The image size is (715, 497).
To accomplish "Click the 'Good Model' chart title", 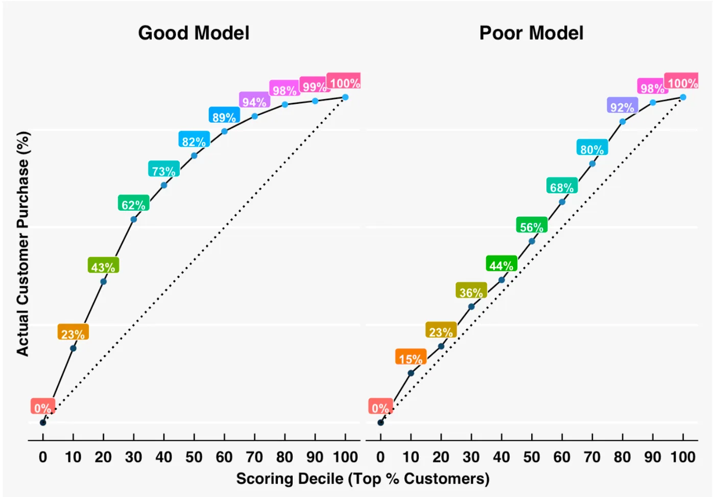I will pos(194,33).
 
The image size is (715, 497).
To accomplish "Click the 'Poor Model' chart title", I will pos(531,33).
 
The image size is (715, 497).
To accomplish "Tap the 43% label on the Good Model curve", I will pos(103,266).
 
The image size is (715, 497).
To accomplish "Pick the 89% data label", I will pos(224,117).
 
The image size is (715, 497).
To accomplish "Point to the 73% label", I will pos(163,170).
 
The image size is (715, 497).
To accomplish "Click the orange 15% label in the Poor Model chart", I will pos(411,358).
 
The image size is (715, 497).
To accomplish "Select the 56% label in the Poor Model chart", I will pos(532,227).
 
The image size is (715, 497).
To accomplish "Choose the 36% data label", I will pos(471,292).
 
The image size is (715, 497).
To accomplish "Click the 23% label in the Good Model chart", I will pos(73,333).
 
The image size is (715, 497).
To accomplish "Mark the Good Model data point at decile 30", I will pos(134,219).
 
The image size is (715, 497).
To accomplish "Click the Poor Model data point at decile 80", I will pos(623,122).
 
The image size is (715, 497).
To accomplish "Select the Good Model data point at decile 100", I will pos(345,97).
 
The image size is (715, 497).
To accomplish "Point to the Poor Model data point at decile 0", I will pos(380,422).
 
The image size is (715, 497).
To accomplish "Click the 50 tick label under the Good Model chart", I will pos(194,457).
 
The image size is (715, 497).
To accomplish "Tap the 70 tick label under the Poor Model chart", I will pos(592,457).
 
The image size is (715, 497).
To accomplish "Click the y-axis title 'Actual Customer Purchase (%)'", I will pos(23,243).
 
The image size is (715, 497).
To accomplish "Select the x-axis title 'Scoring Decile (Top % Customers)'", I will pos(363,479).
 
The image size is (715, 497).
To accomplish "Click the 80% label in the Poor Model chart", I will pos(592,149).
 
